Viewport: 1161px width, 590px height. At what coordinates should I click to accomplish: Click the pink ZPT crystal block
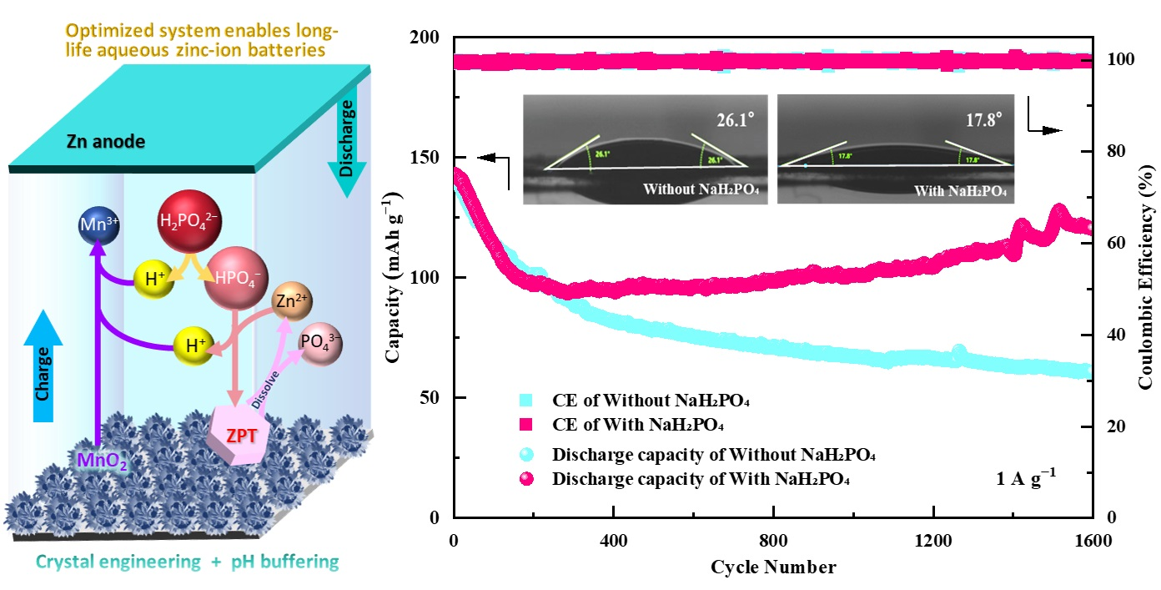pyautogui.click(x=245, y=434)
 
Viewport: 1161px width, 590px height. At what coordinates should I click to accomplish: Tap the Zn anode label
pyautogui.click(x=105, y=142)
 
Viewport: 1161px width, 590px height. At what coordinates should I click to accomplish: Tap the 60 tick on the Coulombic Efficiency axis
pyautogui.click(x=1115, y=243)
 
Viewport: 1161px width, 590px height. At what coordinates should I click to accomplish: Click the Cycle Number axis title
pyautogui.click(x=772, y=567)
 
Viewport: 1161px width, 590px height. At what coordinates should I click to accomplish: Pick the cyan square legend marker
pyautogui.click(x=525, y=402)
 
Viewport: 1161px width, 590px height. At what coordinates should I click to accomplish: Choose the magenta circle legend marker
pyautogui.click(x=526, y=479)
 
